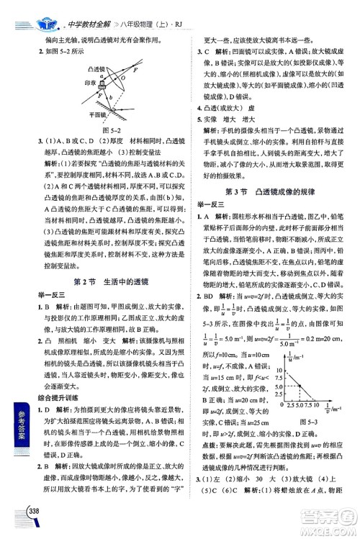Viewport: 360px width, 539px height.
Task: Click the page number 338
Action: click(x=31, y=530)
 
